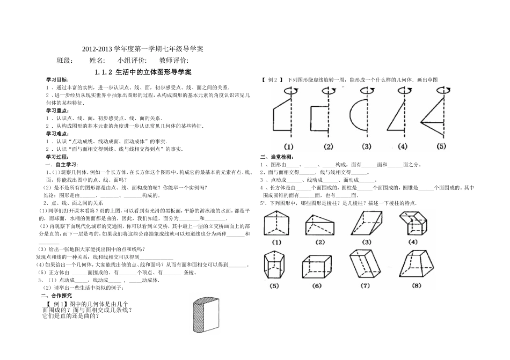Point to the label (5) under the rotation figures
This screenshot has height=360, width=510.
[x=441, y=146]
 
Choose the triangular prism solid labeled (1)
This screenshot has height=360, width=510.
[x=276, y=225]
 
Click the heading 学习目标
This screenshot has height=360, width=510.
[x=57, y=79]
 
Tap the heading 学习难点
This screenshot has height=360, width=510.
[x=57, y=133]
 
